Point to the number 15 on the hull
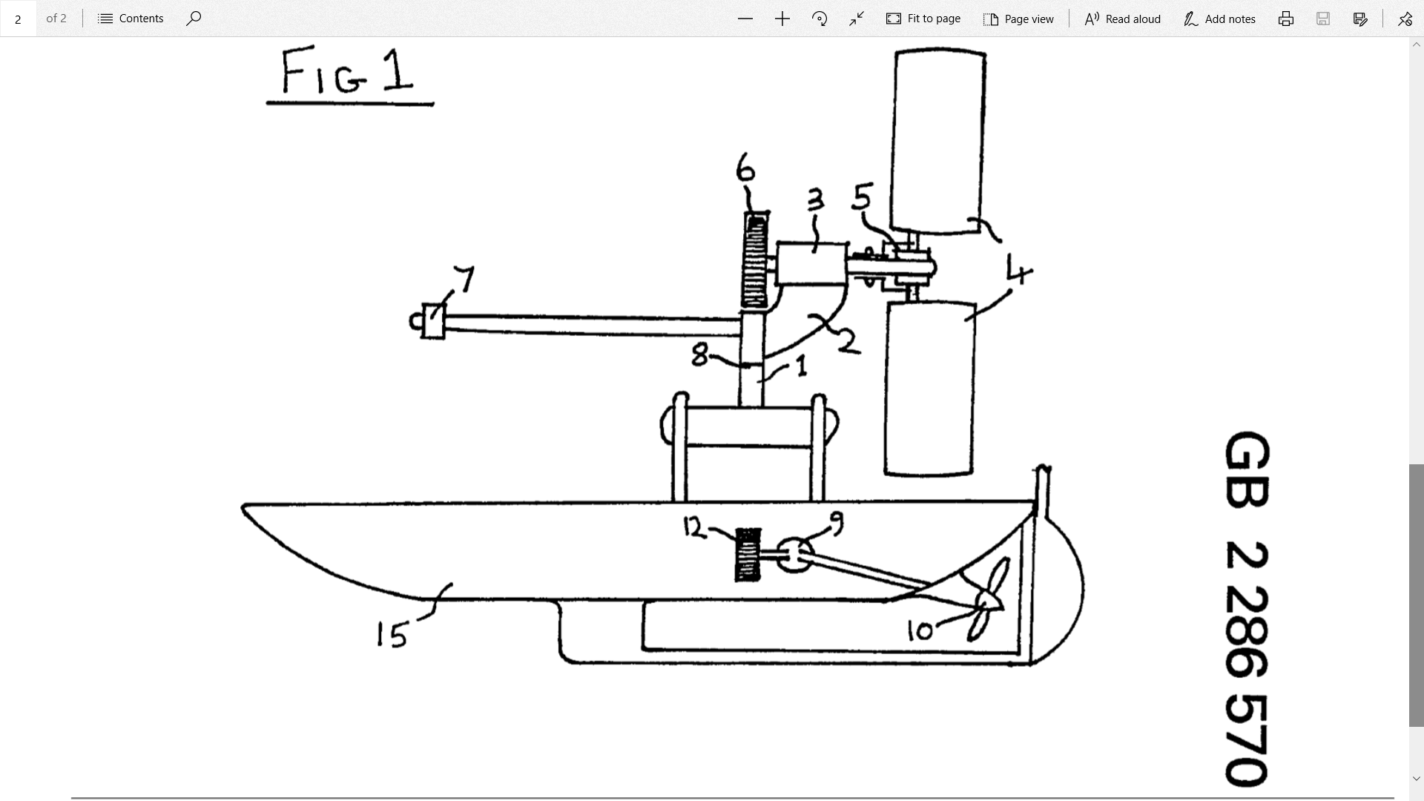click(392, 635)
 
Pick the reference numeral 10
click(920, 631)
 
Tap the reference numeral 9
click(837, 524)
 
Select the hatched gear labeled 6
click(755, 260)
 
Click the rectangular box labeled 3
click(811, 263)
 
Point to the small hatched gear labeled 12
click(748, 554)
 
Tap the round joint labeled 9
click(794, 555)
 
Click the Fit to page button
click(923, 19)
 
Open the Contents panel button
click(131, 19)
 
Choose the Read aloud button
click(1123, 19)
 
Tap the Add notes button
click(1220, 19)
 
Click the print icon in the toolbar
click(1286, 19)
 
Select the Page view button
click(1018, 19)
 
